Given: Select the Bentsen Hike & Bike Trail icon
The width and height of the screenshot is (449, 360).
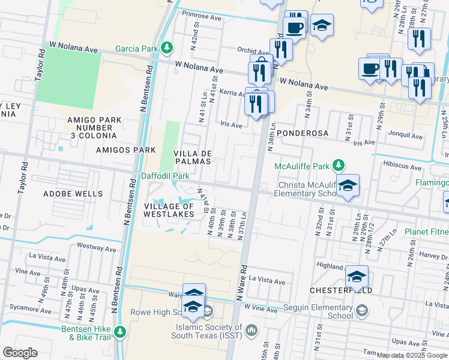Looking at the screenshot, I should [x=121, y=331].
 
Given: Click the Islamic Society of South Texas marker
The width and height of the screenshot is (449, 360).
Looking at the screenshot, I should [x=252, y=329].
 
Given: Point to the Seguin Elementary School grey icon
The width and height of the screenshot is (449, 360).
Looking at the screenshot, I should [x=362, y=310].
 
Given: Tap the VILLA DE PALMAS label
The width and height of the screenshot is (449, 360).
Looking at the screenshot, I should [x=192, y=157].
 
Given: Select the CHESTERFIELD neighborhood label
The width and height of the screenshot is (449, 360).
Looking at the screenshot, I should [x=340, y=290].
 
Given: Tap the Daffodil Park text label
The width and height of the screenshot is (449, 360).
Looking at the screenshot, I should [x=165, y=176].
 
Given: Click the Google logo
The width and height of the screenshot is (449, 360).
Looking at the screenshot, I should [x=20, y=353].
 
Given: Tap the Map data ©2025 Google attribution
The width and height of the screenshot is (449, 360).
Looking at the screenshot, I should [x=411, y=355].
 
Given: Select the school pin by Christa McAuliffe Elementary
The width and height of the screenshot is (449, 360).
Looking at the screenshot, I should [x=348, y=186].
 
